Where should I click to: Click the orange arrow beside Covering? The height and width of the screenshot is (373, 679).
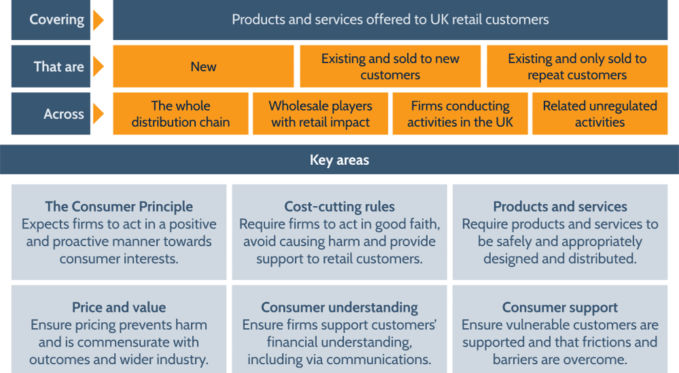coord(98,20)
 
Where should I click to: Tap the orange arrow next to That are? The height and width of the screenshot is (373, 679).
coord(98,66)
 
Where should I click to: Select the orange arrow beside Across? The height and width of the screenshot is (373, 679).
coord(98,114)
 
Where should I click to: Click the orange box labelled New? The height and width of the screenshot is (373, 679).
coord(203,66)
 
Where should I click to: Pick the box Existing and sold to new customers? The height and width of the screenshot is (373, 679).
coord(390,66)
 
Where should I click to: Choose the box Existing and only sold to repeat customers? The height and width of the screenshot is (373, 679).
coord(577,66)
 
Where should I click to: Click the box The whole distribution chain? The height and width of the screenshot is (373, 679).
coord(181,114)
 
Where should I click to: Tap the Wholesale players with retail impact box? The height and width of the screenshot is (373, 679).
coord(320,114)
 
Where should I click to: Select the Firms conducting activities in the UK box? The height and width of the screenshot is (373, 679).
coord(460,114)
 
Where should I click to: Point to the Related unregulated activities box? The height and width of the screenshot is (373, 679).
coord(600,114)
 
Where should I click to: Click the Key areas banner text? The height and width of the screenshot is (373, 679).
coord(339,160)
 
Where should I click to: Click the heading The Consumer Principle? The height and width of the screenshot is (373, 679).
coord(119,207)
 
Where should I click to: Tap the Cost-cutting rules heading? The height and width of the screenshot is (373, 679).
coord(339,207)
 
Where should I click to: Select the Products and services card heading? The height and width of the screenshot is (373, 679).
coord(560,207)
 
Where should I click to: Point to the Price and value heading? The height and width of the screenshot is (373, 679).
coord(119,308)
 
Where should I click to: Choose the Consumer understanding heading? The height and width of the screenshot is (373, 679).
coord(339,308)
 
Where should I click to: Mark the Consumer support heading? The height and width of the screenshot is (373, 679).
coord(560,308)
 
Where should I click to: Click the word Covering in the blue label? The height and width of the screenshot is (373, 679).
coord(57,19)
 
